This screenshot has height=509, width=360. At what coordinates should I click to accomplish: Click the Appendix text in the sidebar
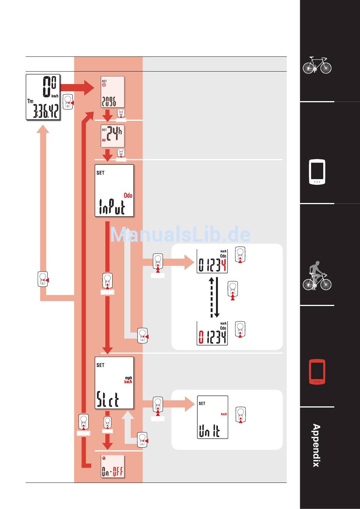[x=316, y=445]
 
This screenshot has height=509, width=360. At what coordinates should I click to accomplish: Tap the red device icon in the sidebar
[x=317, y=371]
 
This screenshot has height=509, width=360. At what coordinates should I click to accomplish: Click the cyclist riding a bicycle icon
[x=317, y=276]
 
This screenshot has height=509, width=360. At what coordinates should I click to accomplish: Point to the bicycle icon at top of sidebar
[x=317, y=65]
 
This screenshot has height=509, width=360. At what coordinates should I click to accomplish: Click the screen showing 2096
[x=113, y=92]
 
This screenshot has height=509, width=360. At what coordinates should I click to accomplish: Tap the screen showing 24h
[x=113, y=136]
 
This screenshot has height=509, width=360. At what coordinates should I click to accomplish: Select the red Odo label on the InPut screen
[x=128, y=195]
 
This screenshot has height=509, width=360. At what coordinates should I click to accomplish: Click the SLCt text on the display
[x=108, y=400]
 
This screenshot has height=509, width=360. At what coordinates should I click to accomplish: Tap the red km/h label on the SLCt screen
[x=128, y=382]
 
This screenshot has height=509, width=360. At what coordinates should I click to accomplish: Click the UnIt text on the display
[x=209, y=431]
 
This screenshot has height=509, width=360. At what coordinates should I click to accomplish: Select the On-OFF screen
[x=113, y=467]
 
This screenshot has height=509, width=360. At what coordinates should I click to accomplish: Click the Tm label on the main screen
[x=30, y=101]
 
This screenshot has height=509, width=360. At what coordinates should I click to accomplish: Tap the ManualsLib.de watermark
[x=180, y=235]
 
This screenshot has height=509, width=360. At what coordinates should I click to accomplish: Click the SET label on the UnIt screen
[x=202, y=404]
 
